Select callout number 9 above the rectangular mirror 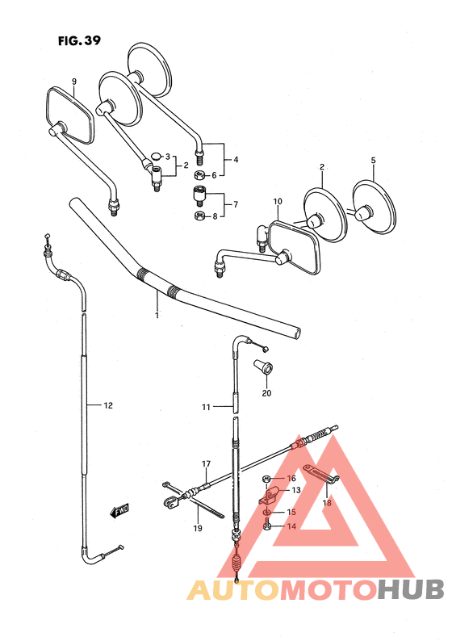point(73,82)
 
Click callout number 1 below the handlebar point(157,315)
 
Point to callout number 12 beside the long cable point(108,405)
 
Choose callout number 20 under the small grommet point(266,393)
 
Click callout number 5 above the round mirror point(373,161)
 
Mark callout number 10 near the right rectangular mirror point(277,200)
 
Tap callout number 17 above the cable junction point(206,464)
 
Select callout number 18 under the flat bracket point(326,503)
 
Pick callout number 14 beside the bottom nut point(292,526)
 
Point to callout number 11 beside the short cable point(206,407)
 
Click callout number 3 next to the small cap point(167,156)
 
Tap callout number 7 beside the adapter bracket point(235,205)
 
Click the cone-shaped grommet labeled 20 point(265,368)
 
